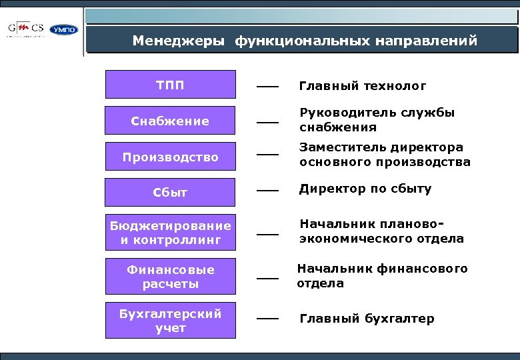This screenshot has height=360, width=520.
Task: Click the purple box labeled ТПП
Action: (x=170, y=85)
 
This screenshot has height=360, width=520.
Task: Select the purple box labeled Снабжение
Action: (x=170, y=121)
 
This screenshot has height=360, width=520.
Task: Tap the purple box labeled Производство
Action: (x=170, y=157)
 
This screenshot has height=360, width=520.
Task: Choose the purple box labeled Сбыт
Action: (x=170, y=193)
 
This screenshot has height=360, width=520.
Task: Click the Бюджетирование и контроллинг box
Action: (x=170, y=233)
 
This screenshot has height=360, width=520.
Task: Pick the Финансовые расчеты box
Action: (x=170, y=277)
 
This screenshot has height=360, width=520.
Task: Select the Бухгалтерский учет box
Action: (x=170, y=321)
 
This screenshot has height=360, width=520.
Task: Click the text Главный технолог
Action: (x=362, y=86)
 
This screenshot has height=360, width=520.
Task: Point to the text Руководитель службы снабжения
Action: (x=377, y=120)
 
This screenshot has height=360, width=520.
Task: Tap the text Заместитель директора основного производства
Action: (x=384, y=155)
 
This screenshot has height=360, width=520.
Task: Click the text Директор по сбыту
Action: (x=365, y=189)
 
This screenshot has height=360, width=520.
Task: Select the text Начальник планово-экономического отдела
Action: (x=381, y=231)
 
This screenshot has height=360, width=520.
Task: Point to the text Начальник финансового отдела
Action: (x=382, y=275)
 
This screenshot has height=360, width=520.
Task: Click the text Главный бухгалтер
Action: (x=366, y=319)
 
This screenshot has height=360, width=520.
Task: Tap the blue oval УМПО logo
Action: (x=65, y=30)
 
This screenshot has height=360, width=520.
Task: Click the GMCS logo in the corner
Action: (x=27, y=29)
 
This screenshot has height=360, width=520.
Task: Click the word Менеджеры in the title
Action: (x=179, y=41)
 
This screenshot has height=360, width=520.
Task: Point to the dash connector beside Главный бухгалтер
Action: (x=267, y=319)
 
